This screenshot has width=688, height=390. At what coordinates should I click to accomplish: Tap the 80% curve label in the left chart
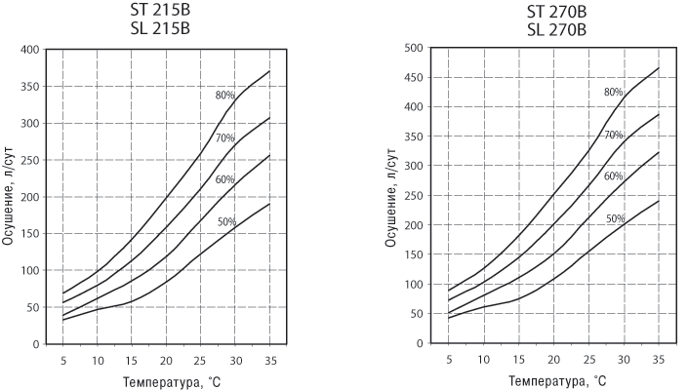pos(225,96)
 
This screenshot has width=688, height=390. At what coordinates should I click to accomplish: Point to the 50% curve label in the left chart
pos(226,222)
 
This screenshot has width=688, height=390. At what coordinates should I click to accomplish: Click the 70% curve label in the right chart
pos(613,135)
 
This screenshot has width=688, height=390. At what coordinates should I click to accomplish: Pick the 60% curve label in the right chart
pos(613,176)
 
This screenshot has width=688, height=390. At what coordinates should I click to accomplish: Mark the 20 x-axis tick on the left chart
pos(167,359)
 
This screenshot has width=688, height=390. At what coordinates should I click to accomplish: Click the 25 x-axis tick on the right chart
pos(587,359)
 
